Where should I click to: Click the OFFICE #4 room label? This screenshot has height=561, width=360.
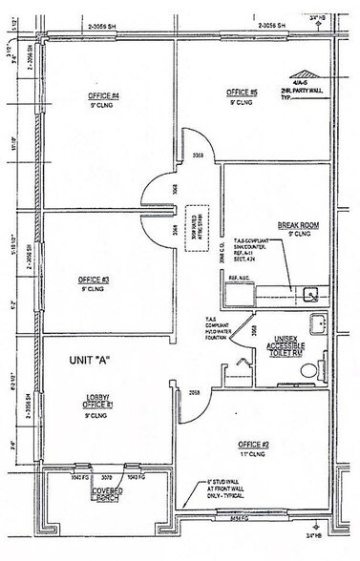pos(102,95)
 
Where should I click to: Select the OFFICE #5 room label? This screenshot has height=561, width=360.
pos(243,93)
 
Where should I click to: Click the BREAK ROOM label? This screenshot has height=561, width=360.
pos(296,227)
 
